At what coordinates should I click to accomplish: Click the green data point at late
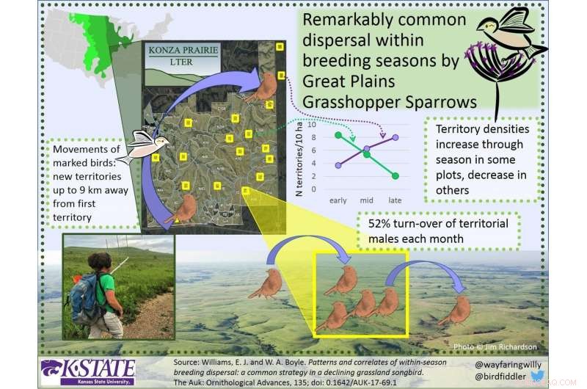395,176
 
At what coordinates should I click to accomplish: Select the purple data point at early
338,165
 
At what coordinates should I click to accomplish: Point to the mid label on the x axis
367,200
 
